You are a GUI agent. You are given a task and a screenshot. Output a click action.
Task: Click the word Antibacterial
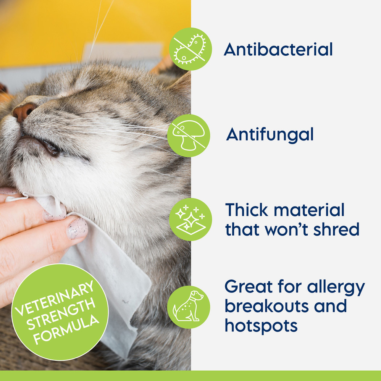tap(278, 50)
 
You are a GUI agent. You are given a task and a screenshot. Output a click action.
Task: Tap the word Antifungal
tap(270, 134)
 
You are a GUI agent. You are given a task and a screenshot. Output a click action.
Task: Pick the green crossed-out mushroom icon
tap(189, 135)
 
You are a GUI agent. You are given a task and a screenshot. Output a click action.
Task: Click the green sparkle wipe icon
tap(190, 219)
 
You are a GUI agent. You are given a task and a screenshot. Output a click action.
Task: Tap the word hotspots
tap(261, 326)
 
